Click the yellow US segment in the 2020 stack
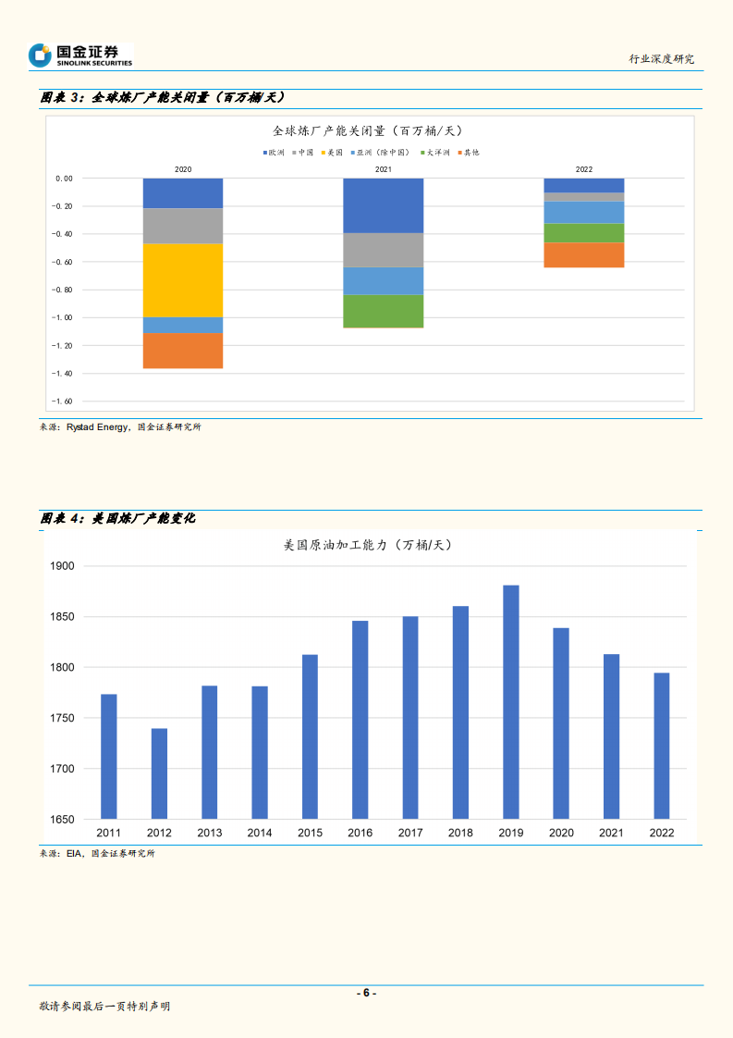[x=183, y=280]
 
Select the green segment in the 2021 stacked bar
[x=383, y=311]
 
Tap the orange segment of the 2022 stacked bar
[x=583, y=254]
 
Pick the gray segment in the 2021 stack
[x=383, y=250]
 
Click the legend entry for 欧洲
[x=274, y=152]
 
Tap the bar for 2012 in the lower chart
[x=159, y=773]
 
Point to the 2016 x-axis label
[x=360, y=833]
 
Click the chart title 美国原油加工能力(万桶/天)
[x=366, y=546]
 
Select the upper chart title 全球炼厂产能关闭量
[x=367, y=130]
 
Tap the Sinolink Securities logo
[x=80, y=56]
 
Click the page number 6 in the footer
[x=366, y=993]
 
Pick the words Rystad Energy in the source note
[x=96, y=427]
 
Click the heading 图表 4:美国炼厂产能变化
[x=117, y=519]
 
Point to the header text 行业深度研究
[x=661, y=58]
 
